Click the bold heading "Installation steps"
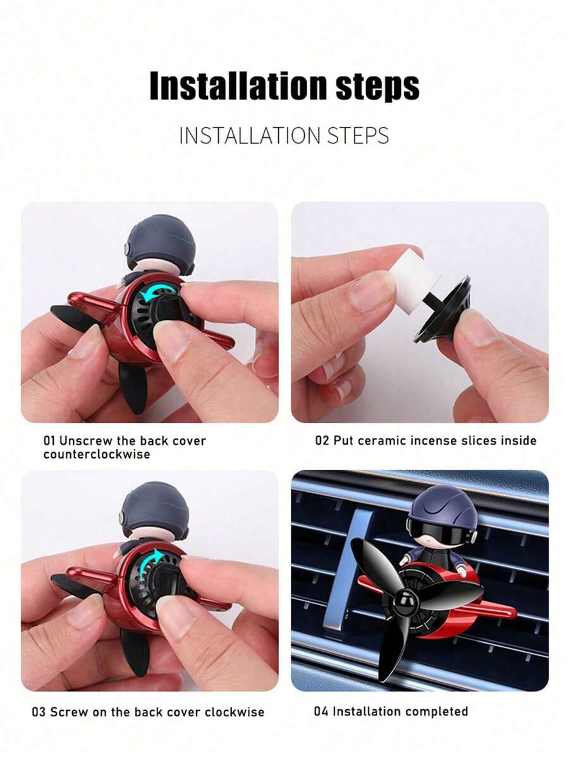click(x=284, y=86)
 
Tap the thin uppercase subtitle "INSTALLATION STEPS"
click(x=284, y=135)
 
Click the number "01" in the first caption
click(x=49, y=441)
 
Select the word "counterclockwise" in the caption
click(x=97, y=455)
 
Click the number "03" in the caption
click(x=39, y=711)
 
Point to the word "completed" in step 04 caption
click(x=432, y=711)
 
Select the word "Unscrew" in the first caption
click(x=82, y=441)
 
